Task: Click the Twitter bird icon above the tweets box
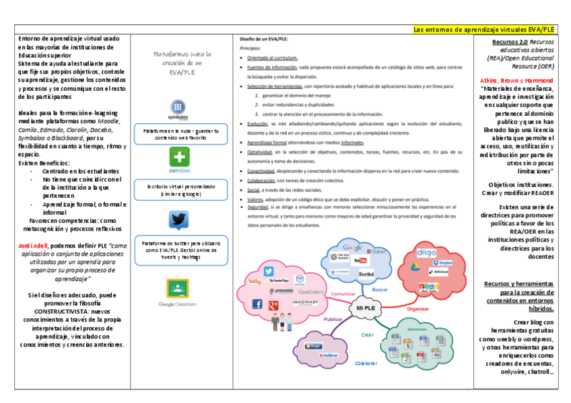click(x=178, y=221)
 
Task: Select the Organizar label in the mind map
click(x=417, y=309)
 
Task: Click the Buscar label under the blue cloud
click(x=380, y=289)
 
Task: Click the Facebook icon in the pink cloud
click(x=257, y=305)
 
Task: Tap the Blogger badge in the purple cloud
click(x=314, y=346)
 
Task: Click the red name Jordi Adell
click(x=33, y=246)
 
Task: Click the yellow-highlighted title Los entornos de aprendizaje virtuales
click(x=483, y=30)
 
